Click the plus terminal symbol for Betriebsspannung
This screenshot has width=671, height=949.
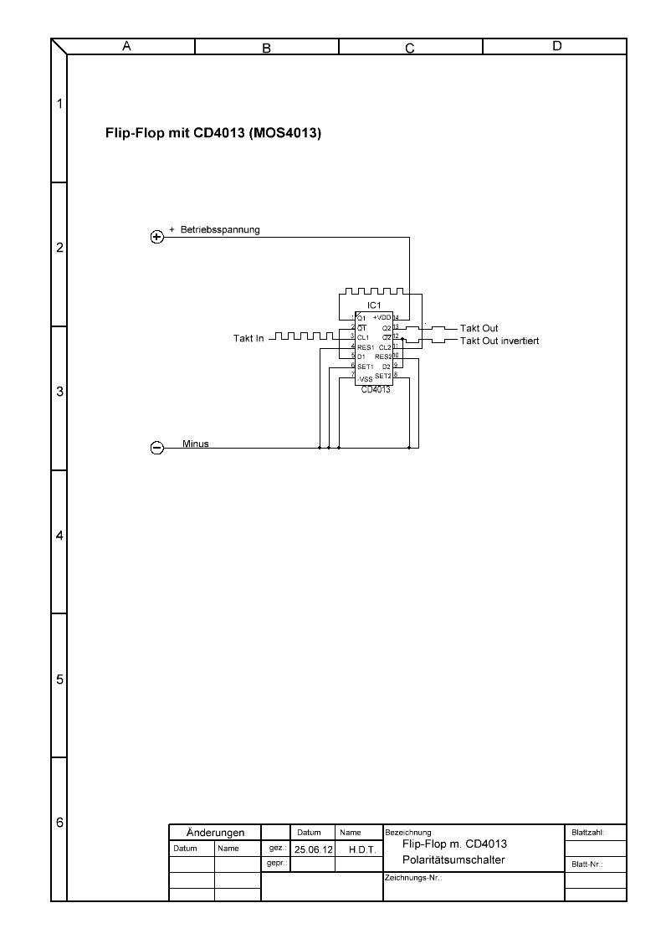pos(156,237)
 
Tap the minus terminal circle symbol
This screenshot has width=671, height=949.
pos(156,448)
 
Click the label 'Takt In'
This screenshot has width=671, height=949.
pos(248,338)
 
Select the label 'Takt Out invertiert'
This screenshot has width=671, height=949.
pos(499,341)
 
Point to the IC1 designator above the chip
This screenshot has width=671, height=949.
pos(374,305)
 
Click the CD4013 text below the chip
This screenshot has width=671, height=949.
pos(376,389)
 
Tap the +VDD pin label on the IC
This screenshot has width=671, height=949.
pos(382,318)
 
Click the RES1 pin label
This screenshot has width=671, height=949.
pos(366,347)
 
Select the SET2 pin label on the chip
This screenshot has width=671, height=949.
pos(383,376)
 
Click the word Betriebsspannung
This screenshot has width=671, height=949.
pos(220,229)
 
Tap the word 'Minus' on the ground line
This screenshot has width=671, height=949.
pos(196,444)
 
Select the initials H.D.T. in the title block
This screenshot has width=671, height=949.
pos(359,849)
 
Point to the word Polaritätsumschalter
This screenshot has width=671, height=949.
pos(453,860)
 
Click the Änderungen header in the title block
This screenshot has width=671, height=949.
pos(216,833)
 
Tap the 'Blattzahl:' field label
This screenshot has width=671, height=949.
pos(586,833)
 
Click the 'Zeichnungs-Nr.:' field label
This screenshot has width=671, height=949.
pos(412,879)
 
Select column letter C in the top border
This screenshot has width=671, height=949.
pos(410,48)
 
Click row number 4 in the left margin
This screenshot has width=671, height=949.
pos(59,536)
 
